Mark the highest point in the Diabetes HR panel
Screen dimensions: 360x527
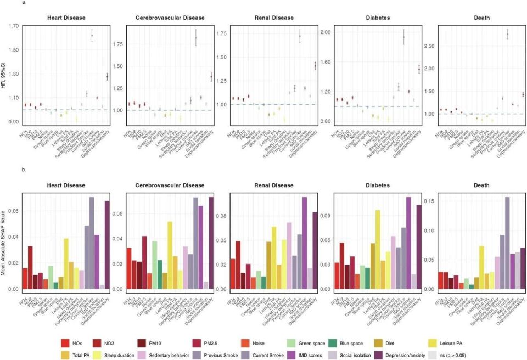(x=403, y=37)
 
